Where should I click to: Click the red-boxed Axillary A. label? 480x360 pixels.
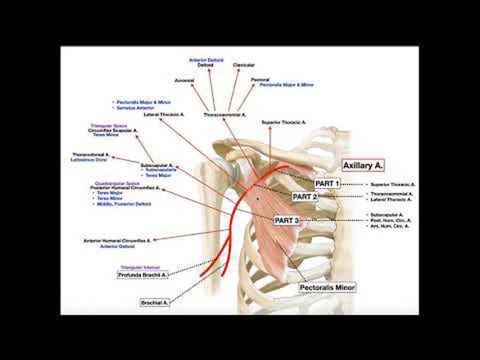361,165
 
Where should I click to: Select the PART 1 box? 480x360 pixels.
327,184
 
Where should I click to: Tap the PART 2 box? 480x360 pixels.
306,196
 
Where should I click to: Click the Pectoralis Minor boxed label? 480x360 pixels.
327,288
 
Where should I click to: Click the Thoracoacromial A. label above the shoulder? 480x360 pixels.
224,114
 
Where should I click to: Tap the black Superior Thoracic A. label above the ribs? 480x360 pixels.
283,122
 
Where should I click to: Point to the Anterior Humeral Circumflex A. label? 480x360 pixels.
112,241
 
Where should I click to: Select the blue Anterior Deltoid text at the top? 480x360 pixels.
206,60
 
